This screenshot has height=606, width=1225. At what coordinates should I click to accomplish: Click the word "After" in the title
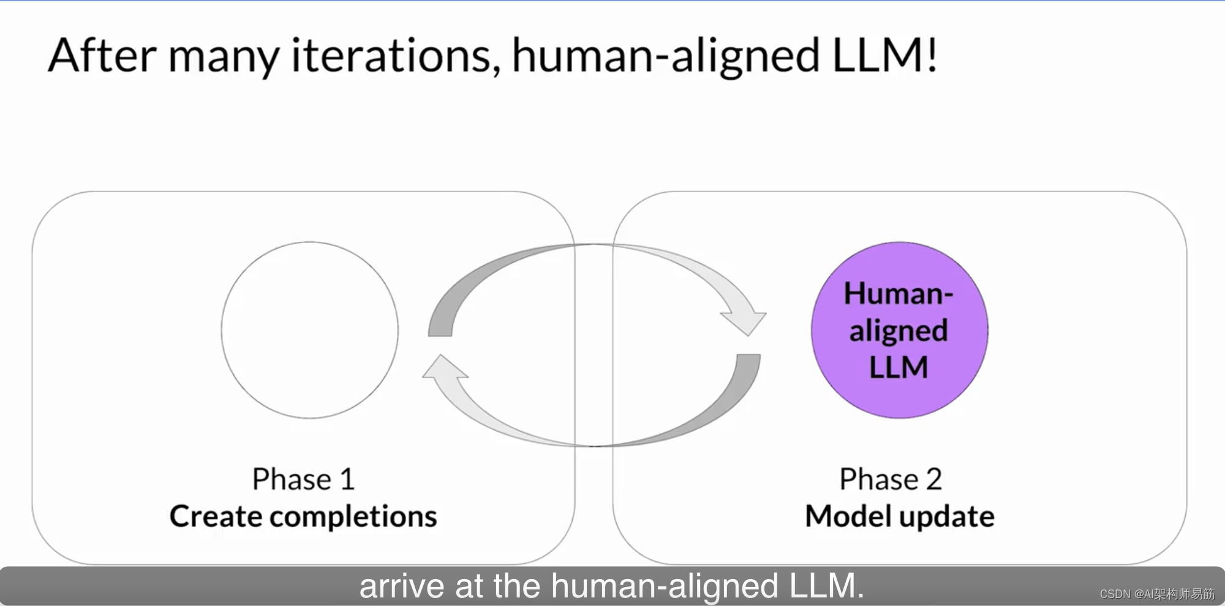tap(102, 55)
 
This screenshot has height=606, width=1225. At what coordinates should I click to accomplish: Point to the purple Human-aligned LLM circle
tap(899, 330)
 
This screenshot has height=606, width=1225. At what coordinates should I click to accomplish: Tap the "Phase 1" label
tap(304, 479)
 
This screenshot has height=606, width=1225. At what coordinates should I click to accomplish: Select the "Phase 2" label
tap(891, 479)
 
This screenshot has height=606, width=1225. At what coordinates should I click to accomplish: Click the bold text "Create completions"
tap(303, 516)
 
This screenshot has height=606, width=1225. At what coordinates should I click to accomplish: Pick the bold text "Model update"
tap(900, 516)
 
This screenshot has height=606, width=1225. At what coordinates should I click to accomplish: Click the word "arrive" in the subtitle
tap(401, 586)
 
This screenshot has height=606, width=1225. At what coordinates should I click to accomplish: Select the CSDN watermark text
tap(1157, 594)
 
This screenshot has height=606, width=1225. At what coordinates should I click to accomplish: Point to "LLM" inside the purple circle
tap(899, 367)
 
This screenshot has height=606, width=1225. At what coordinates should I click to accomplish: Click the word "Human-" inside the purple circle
tap(899, 293)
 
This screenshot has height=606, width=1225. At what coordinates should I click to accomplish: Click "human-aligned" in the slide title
tap(666, 56)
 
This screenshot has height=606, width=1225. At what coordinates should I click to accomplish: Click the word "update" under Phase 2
tap(948, 518)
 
